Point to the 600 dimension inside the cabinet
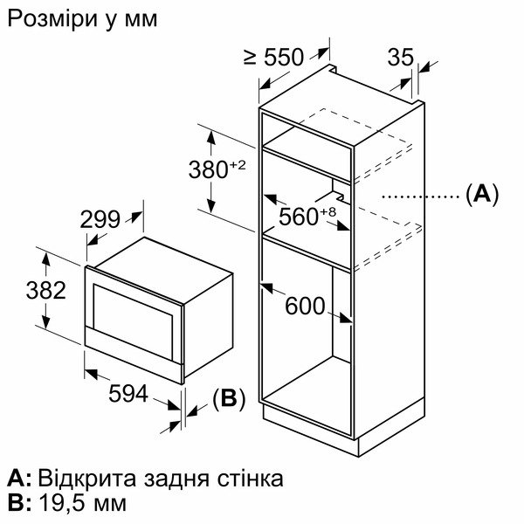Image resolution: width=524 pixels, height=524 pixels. [x=304, y=307]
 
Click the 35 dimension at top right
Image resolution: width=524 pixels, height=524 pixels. [x=399, y=58]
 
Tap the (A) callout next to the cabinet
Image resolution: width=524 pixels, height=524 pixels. [x=481, y=194]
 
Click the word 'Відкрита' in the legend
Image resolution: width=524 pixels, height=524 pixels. [x=80, y=478]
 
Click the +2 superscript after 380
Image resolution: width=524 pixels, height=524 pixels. [x=240, y=164]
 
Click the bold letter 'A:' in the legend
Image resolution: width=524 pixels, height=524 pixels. [x=19, y=479]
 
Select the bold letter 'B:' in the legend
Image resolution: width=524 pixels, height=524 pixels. [x=18, y=504]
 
